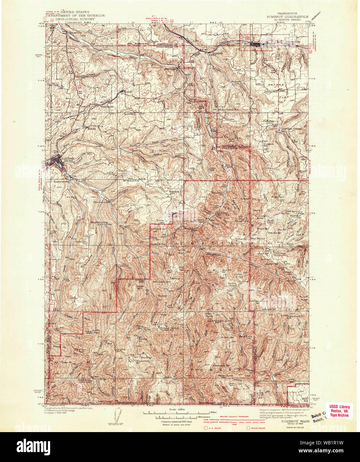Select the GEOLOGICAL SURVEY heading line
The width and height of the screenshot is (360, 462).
pos(75,19)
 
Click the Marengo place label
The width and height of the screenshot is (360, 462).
pos(170,69)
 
